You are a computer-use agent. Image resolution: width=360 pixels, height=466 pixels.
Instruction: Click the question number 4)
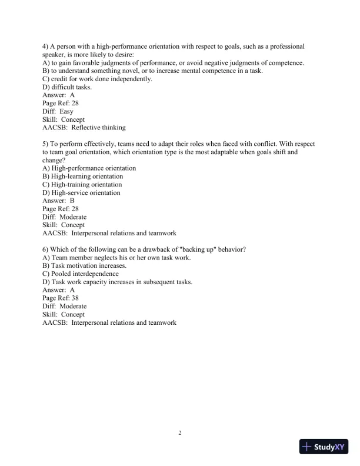[x=46, y=46]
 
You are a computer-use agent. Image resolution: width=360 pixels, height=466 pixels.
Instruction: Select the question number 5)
[x=46, y=143]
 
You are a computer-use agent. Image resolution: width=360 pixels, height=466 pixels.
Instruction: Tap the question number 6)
[x=46, y=249]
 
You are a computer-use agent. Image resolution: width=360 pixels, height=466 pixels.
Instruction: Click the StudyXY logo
[x=324, y=447]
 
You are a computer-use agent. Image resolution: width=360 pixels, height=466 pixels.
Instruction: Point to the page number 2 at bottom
[x=180, y=434]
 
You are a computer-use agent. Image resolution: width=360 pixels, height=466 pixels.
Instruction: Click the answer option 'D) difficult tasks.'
[x=67, y=86]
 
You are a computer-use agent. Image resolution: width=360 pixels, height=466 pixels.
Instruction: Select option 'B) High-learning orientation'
[x=83, y=176]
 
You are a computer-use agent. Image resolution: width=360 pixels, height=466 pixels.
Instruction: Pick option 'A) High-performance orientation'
[x=89, y=168]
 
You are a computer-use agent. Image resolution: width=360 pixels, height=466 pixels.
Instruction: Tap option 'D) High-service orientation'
[x=82, y=192]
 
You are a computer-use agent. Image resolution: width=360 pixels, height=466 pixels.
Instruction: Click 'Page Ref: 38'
[x=61, y=298]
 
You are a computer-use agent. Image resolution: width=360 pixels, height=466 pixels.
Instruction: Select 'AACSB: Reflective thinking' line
[x=84, y=128]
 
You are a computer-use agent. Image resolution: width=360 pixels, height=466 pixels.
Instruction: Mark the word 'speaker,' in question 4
[x=56, y=54]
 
